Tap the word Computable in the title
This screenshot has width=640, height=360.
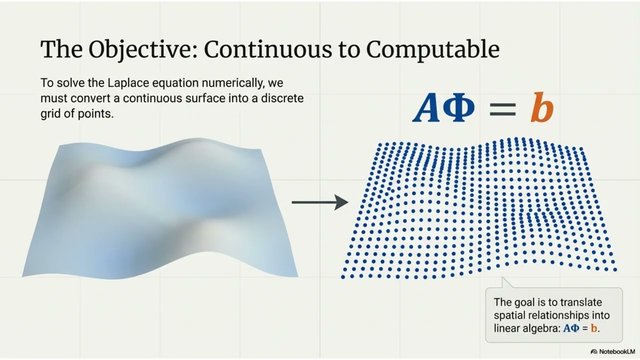pyautogui.click(x=432, y=49)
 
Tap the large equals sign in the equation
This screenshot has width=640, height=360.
pyautogui.click(x=502, y=110)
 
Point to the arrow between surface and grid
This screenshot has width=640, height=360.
pyautogui.click(x=320, y=202)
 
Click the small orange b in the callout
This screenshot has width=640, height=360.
pyautogui.click(x=594, y=329)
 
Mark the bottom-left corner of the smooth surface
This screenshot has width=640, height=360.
pyautogui.click(x=23, y=275)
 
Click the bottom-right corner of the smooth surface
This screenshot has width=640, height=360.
pyautogui.click(x=297, y=276)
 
